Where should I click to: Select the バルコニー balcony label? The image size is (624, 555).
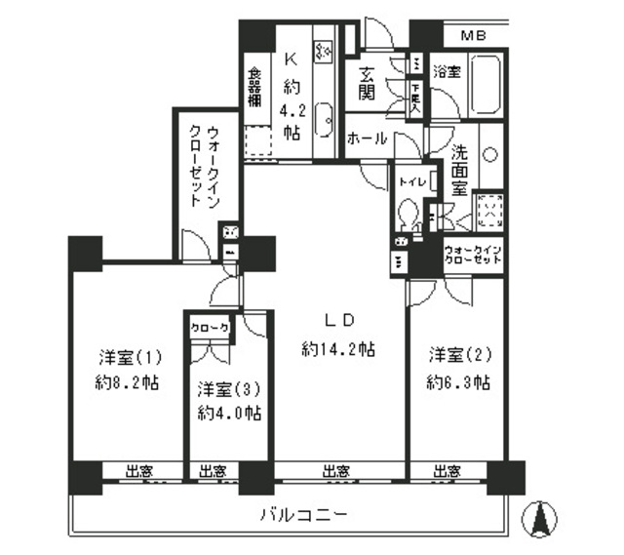click(x=302, y=514)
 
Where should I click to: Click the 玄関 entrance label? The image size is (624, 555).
click(x=368, y=83)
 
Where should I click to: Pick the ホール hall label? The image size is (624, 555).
click(x=367, y=139)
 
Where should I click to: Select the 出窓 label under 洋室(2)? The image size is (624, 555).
click(x=448, y=472)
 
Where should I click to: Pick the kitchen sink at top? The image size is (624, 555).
click(x=326, y=45)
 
